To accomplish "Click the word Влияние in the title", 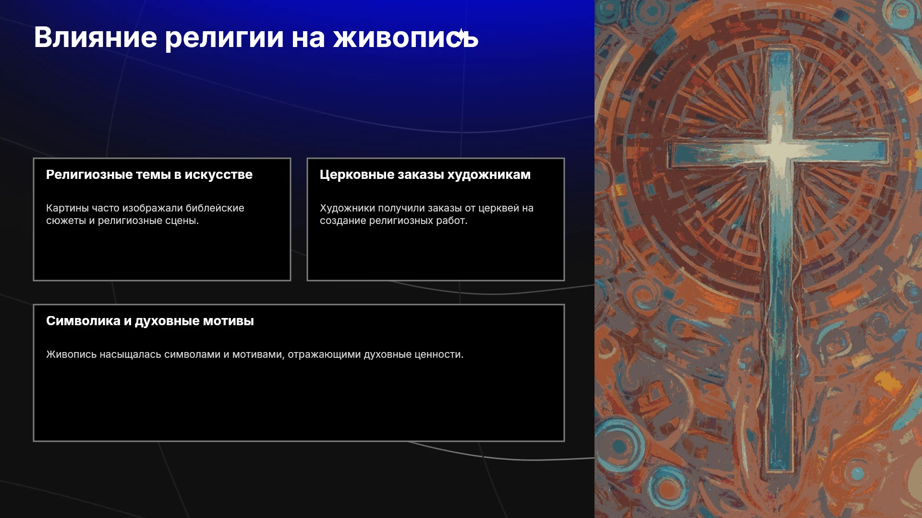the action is pos(96,37).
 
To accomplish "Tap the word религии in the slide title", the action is pos(224,38).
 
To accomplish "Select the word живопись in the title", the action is pos(406,37).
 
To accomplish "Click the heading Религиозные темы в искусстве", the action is pos(149,175).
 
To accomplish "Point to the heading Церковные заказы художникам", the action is pos(425,175).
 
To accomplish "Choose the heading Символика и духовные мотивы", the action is pos(150,321).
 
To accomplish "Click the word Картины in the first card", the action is pos(67,209).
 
